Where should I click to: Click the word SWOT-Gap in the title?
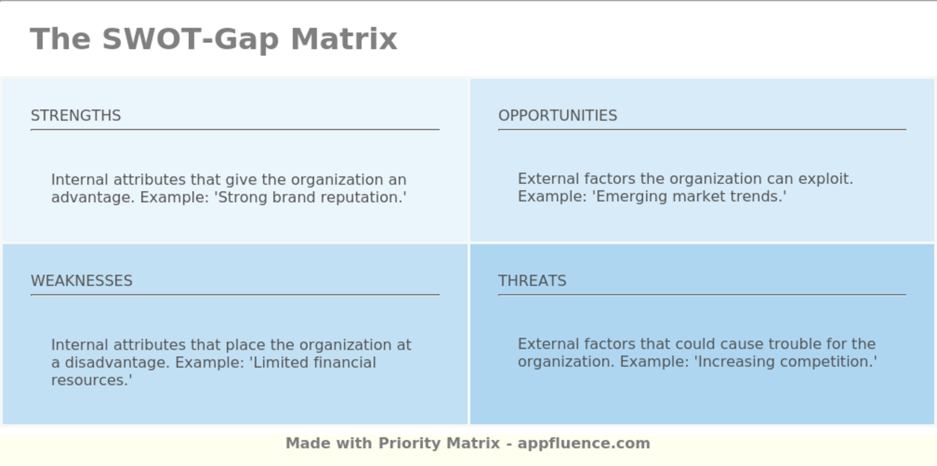pos(190,39)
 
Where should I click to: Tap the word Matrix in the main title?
pos(344,39)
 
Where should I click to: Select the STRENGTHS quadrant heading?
pos(76,116)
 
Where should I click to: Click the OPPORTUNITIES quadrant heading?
pos(558,116)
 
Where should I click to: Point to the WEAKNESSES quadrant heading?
pos(82,280)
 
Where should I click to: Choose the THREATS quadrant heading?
pos(532,280)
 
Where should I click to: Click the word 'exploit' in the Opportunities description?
pos(824,179)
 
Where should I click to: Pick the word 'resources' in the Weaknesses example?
pos(88,380)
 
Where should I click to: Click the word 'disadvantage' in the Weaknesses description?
pos(115,362)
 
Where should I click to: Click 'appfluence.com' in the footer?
pos(584,443)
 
